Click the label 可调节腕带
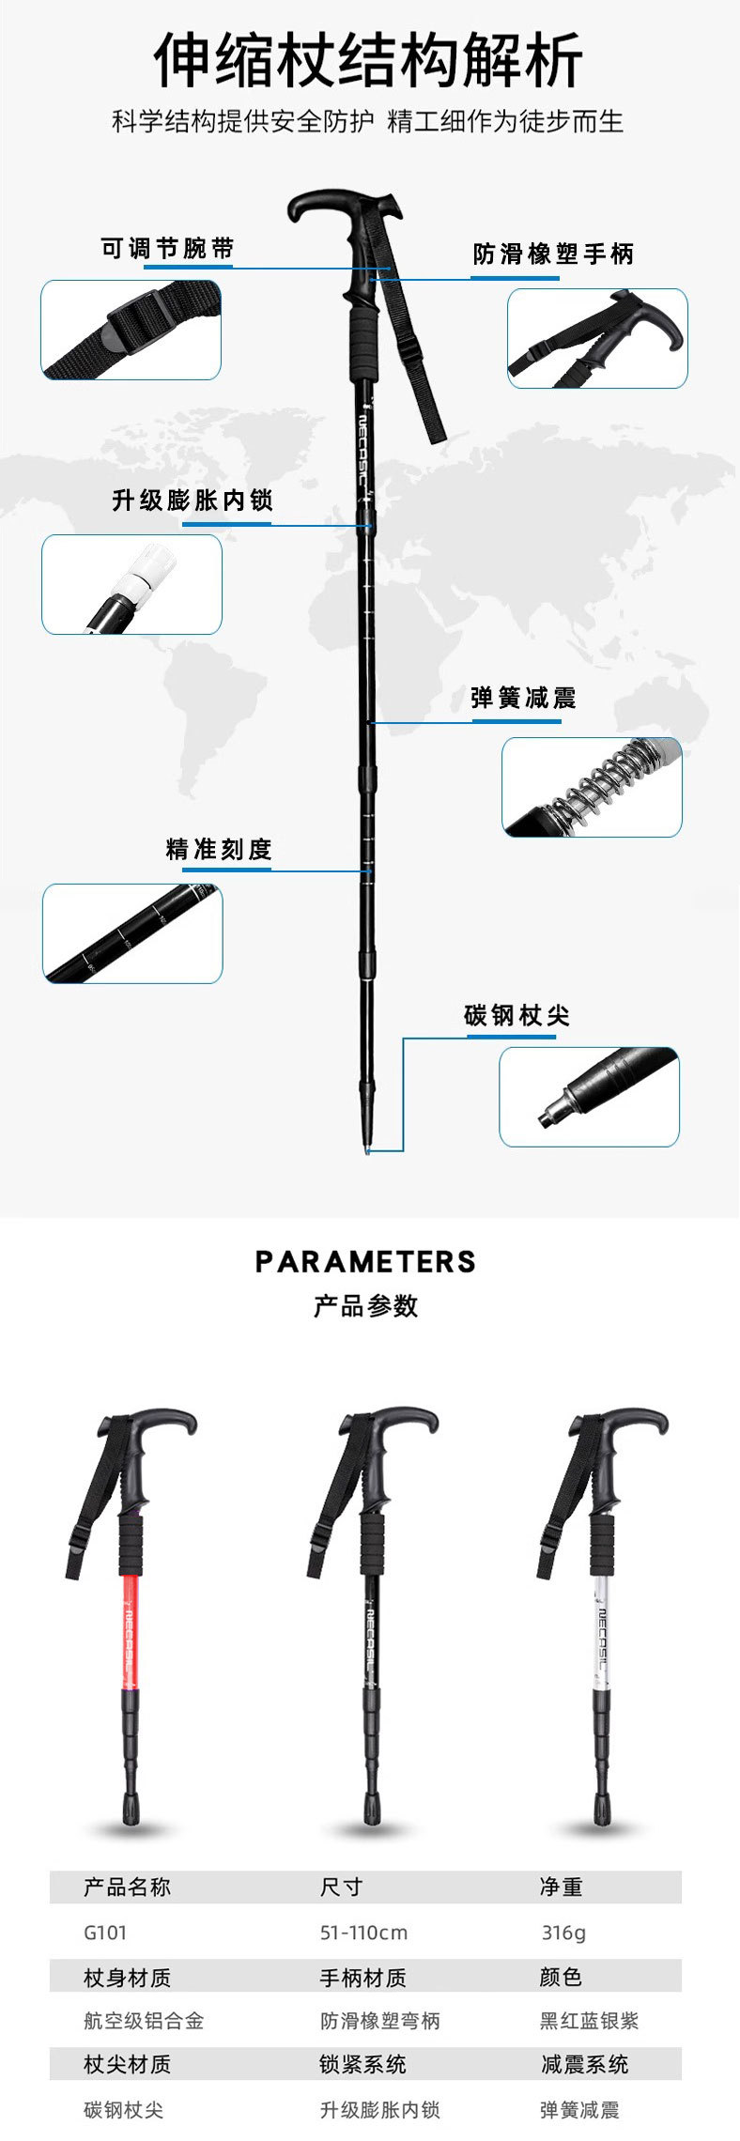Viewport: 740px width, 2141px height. point(167,249)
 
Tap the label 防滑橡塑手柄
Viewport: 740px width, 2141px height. point(553,254)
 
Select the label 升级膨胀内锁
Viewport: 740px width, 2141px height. point(193,501)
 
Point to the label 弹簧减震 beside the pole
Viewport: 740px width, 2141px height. point(523,698)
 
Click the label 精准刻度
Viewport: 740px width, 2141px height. point(219,850)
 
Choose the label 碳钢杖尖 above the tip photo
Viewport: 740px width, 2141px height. point(516,1015)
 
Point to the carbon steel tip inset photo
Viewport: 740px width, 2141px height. point(589,1096)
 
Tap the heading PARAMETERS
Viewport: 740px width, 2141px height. point(365,1261)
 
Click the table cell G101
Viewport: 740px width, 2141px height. point(105,1933)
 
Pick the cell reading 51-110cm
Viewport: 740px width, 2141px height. point(363,1933)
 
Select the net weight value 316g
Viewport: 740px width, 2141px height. point(563,1933)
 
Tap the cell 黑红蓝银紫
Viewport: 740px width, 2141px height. point(589,2021)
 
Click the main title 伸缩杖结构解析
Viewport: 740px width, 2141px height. point(368,60)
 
